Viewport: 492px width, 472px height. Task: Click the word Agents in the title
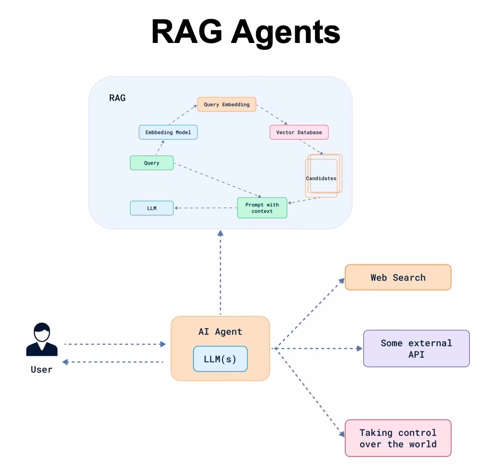286,32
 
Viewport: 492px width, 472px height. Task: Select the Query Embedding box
227,104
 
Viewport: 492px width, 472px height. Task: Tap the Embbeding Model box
168,132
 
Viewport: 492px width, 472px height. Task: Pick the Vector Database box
299,132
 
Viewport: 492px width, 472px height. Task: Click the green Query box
151,163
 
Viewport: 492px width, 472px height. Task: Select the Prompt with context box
262,208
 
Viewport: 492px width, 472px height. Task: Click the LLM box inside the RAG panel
151,208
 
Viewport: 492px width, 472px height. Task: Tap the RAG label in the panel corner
117,98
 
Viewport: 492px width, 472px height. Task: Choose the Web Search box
398,278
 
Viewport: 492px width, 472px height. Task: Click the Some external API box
416,348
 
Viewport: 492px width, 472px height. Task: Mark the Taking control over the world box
398,438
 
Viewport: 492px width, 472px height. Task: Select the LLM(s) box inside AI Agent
220,359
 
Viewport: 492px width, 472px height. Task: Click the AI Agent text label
220,332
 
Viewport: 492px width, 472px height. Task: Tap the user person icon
42,340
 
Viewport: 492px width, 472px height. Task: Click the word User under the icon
41,370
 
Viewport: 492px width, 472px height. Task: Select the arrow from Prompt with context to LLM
205,208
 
